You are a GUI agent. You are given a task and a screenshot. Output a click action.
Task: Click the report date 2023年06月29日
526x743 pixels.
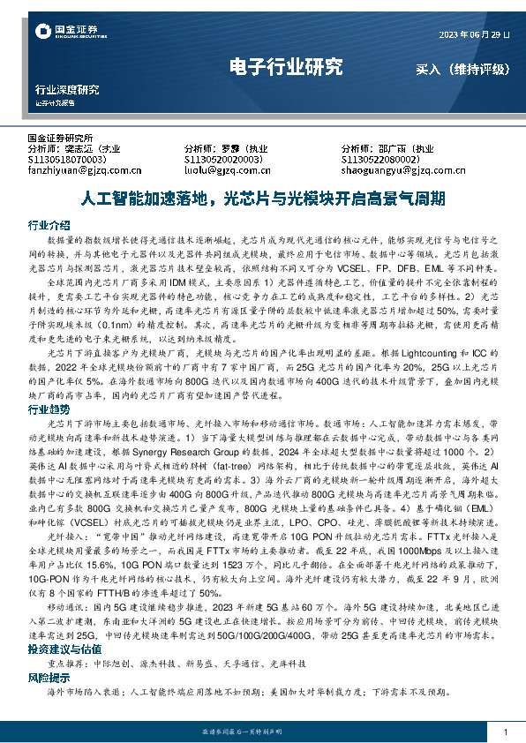[x=474, y=34]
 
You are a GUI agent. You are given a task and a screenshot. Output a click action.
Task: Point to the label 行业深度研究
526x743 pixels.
[x=67, y=90]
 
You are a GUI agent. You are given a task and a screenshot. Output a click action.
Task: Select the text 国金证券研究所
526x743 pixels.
[x=61, y=139]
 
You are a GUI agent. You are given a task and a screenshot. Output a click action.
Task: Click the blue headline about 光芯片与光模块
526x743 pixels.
[x=262, y=198]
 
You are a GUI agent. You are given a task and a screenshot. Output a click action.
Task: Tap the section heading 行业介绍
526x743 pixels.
[x=49, y=224]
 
